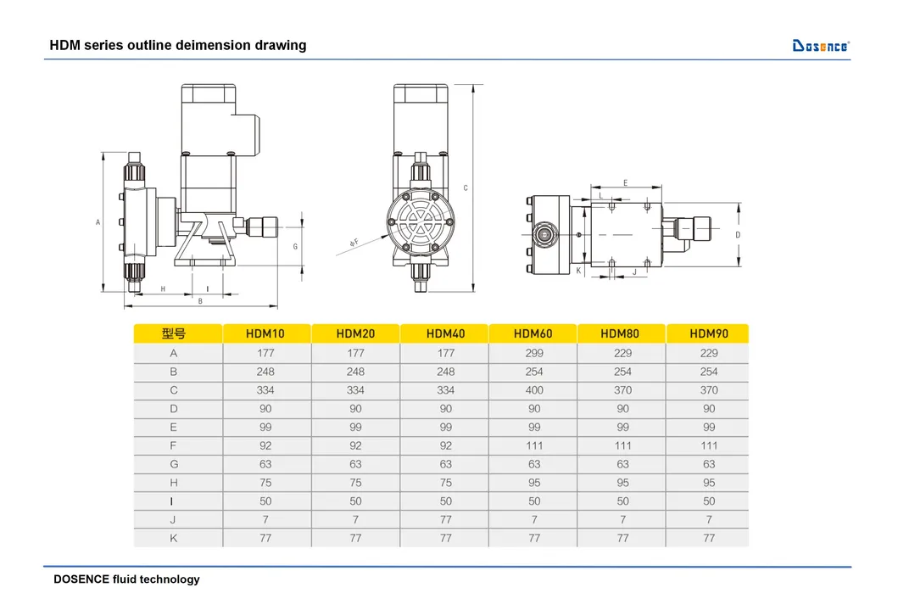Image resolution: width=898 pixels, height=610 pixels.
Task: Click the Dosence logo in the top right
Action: tap(820, 45)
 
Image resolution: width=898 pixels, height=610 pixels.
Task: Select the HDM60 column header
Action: tap(533, 333)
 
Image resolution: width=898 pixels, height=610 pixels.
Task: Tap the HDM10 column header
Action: tap(265, 333)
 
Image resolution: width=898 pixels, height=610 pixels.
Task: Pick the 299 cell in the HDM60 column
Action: tap(533, 353)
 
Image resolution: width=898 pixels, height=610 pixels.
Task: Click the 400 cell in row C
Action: tap(533, 390)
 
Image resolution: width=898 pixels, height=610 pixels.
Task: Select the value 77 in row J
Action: tap(445, 519)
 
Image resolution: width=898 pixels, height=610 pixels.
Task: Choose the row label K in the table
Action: tap(174, 538)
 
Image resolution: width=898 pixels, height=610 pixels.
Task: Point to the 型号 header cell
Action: tap(174, 333)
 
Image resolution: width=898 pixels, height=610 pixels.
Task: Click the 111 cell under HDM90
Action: tap(709, 445)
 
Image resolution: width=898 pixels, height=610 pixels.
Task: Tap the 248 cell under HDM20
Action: tap(355, 372)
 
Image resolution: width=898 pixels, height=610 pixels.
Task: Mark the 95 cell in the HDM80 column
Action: tap(622, 483)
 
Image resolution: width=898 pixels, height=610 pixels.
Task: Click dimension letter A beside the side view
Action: tap(98, 222)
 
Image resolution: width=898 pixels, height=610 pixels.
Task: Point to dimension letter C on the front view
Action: tap(466, 187)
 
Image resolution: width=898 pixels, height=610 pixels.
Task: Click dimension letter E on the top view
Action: tap(625, 182)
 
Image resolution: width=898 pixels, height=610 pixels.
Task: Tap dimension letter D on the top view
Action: tap(738, 234)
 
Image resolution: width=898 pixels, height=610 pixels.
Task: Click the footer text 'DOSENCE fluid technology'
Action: tap(126, 579)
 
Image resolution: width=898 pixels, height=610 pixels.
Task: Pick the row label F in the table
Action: tap(174, 445)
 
